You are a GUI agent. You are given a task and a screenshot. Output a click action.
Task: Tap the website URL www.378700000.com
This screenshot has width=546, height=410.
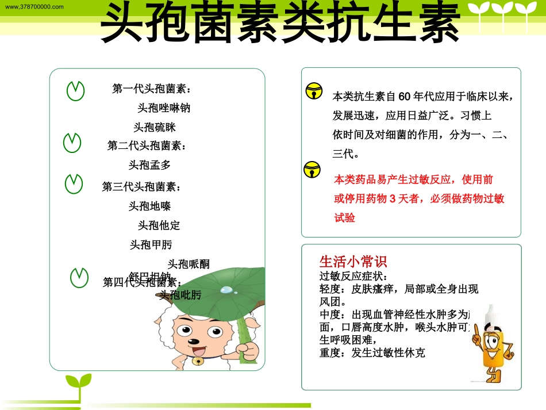click(34, 6)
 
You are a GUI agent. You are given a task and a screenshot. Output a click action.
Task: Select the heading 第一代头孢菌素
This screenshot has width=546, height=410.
click(152, 89)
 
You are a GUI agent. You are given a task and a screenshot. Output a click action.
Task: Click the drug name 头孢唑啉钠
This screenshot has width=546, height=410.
click(164, 108)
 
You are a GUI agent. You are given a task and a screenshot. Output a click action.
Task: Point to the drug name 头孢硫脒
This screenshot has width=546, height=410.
click(155, 127)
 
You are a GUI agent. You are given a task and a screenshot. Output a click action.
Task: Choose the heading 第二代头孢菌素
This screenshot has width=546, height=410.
click(147, 146)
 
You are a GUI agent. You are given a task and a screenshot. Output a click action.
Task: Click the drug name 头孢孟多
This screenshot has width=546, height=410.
click(149, 165)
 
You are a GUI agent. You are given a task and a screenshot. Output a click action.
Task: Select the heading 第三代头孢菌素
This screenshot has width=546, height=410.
click(141, 187)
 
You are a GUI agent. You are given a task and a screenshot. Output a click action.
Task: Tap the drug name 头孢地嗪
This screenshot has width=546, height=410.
click(149, 206)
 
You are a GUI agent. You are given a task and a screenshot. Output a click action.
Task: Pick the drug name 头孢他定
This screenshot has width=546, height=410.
click(159, 225)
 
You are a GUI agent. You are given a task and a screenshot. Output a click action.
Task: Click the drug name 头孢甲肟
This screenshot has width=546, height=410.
click(151, 245)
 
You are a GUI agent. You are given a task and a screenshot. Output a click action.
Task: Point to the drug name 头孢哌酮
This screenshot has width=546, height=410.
click(189, 264)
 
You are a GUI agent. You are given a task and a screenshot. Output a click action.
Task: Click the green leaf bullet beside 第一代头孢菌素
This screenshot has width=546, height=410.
click(75, 91)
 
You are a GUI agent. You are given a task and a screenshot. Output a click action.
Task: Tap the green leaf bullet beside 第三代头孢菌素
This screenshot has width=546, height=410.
click(74, 183)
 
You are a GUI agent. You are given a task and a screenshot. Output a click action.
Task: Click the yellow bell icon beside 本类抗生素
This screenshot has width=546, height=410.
click(314, 91)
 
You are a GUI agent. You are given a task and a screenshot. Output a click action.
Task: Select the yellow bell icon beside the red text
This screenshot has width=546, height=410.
click(312, 169)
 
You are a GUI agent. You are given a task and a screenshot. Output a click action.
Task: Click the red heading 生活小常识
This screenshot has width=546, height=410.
click(353, 262)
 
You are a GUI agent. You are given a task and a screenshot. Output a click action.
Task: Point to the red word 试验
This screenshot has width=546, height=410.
click(345, 218)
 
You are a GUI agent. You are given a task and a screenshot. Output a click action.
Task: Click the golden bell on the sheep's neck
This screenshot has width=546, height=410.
click(197, 361)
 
